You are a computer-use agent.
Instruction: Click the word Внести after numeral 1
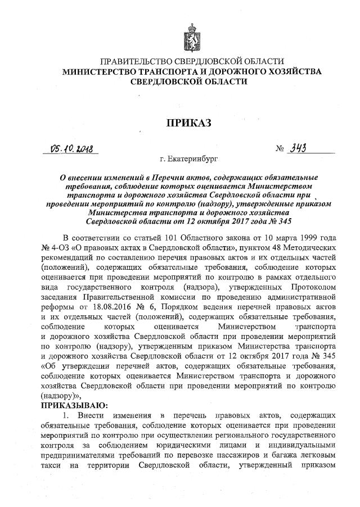[x=85, y=415]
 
